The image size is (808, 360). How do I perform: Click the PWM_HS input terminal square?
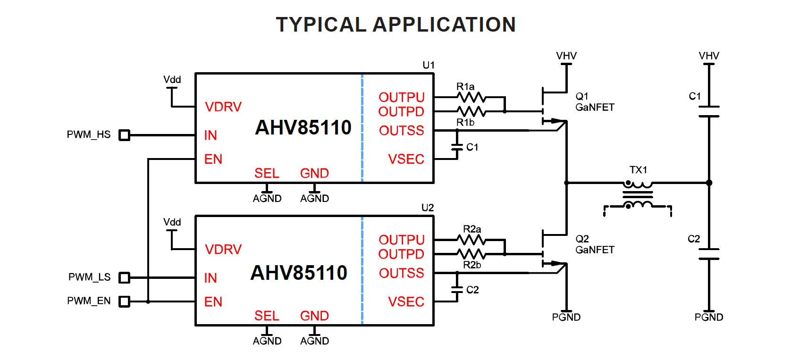pos(124,135)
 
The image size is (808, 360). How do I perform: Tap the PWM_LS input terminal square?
pos(124,277)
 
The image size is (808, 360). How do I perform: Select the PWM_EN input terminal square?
pos(124,301)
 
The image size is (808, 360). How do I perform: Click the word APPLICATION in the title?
pos(444,25)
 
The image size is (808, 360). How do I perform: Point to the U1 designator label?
pos(429,65)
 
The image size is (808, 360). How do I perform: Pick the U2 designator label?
pos(428,208)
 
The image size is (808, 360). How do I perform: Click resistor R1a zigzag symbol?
pos(471,97)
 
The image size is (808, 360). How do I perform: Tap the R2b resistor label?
pos(472,265)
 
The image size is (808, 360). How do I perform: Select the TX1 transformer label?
pos(638,170)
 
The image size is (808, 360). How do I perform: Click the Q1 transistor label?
pos(582,96)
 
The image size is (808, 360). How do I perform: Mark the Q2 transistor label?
pos(582,239)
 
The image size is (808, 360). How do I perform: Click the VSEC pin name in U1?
pos(406,159)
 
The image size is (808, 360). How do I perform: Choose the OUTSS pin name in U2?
pos(401,273)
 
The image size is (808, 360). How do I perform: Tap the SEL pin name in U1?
pos(267,173)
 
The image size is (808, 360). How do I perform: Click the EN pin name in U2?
pos(213,302)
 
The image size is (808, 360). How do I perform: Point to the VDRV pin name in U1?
pos(223,107)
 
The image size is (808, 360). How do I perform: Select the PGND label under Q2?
pos(566,317)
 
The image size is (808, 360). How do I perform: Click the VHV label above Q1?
pos(566,56)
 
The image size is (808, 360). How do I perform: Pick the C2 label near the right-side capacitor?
pos(694,239)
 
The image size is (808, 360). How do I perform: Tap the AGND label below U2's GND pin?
pos(314,341)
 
